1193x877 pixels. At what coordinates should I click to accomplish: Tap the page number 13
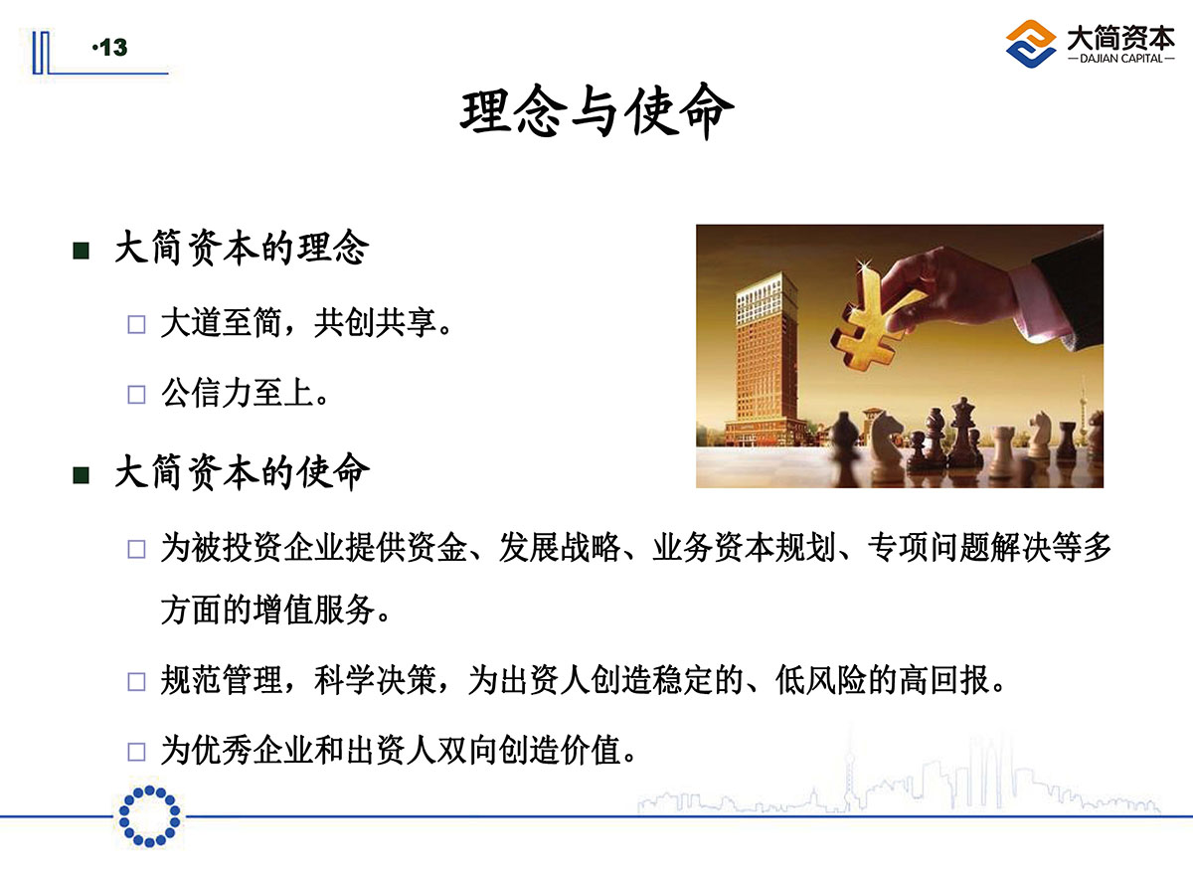click(113, 48)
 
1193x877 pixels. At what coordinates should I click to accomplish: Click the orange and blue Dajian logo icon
click(1031, 44)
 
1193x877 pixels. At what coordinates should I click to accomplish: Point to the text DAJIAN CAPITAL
click(1120, 59)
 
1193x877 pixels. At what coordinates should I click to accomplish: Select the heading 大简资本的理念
click(242, 248)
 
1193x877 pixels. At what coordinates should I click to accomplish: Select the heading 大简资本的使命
click(242, 472)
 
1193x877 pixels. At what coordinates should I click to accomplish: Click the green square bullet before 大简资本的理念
click(81, 251)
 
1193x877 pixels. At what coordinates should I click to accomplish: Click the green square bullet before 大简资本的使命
click(81, 474)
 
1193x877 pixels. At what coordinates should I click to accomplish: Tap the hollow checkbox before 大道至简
click(136, 324)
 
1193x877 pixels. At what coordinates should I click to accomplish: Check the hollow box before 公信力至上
click(136, 395)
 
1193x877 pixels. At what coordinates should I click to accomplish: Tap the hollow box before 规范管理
click(136, 681)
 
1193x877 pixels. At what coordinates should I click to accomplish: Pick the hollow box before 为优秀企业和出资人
click(136, 752)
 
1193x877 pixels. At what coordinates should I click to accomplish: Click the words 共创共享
click(376, 322)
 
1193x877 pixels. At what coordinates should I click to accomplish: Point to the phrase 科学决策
click(376, 680)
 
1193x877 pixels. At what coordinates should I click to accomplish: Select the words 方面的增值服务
click(267, 610)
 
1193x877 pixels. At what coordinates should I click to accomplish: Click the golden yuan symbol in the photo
click(874, 320)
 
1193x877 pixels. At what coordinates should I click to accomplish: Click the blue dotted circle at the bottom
click(150, 816)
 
